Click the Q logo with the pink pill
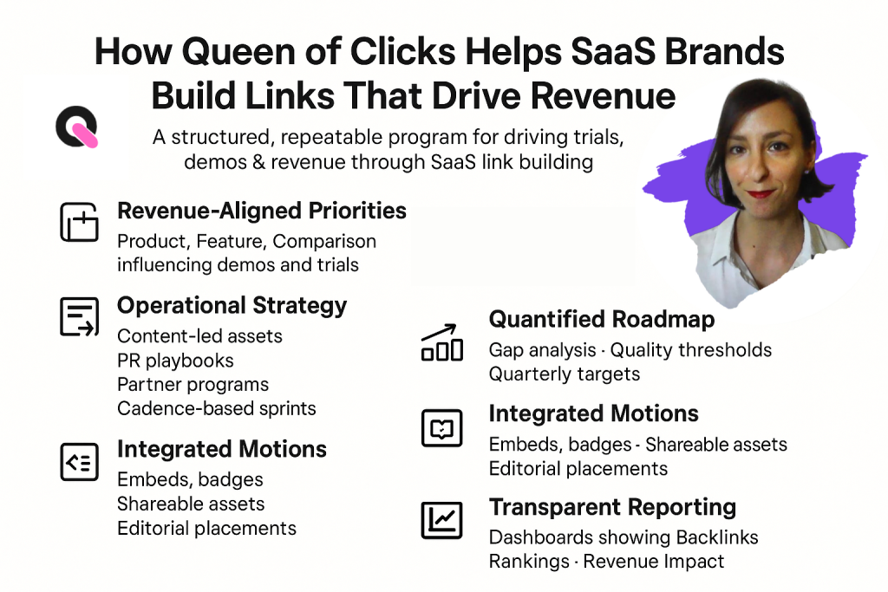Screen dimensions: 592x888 [x=76, y=128]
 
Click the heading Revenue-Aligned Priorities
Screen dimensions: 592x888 [x=261, y=211]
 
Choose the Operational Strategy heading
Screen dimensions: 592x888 [x=232, y=306]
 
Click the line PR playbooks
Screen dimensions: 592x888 [x=175, y=360]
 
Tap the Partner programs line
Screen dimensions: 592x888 [x=193, y=384]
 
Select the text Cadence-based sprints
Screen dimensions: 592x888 [x=216, y=408]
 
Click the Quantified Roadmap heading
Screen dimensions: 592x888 [x=602, y=320]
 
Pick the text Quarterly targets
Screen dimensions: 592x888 [x=564, y=374]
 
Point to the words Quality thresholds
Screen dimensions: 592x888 [x=690, y=350]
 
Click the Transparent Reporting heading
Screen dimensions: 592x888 [x=612, y=507]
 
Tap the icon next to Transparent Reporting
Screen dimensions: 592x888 [x=441, y=520]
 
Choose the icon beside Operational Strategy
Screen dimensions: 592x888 [x=79, y=316]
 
